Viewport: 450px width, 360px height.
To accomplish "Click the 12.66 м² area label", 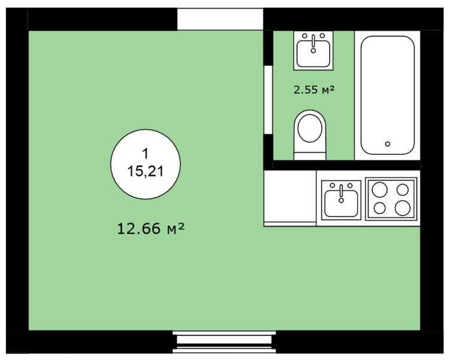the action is [150, 228].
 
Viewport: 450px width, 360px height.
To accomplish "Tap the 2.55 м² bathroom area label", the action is [314, 90].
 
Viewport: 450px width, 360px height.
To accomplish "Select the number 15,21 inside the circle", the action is [145, 172].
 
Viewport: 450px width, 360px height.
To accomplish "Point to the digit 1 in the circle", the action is [145, 154].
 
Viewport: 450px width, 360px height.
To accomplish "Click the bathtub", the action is [387, 95].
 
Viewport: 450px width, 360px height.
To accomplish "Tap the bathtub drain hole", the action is [387, 144].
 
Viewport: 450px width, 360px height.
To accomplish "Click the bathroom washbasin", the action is [314, 51].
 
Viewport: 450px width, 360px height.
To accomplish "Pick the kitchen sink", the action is [341, 200].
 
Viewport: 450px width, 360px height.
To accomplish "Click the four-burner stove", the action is [391, 199].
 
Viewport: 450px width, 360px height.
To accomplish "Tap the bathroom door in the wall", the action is [268, 99].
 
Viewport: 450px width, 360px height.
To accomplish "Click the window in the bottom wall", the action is [224, 342].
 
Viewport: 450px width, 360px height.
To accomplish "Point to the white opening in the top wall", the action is [220, 19].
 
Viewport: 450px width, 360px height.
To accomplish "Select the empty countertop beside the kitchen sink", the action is [290, 196].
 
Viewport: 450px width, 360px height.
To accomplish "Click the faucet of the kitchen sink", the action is [341, 194].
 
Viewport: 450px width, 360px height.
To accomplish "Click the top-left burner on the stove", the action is [379, 190].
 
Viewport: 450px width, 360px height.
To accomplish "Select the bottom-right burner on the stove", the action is [402, 208].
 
